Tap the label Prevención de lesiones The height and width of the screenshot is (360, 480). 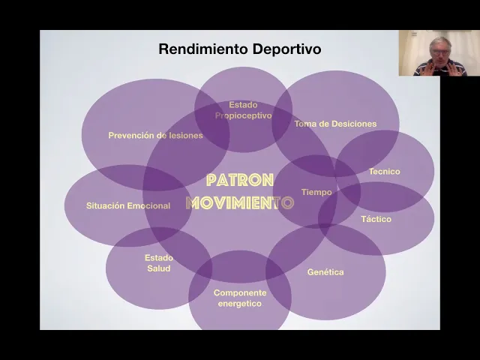[x=155, y=136]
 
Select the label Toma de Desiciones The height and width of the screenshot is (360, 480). [x=335, y=124]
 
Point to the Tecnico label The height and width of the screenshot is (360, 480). [x=384, y=172]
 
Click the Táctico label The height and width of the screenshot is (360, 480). [x=376, y=219]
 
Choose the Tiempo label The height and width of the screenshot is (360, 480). [x=316, y=193]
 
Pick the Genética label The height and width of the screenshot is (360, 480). [x=325, y=272]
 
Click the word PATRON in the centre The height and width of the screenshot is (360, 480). [x=240, y=181]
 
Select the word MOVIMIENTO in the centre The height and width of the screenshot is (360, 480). [x=240, y=202]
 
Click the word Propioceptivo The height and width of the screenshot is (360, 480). [x=243, y=115]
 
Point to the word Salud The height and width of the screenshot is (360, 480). [x=158, y=268]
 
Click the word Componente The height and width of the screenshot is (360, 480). [x=240, y=292]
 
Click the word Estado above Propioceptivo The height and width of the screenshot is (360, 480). [x=243, y=105]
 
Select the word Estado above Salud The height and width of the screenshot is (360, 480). [x=158, y=258]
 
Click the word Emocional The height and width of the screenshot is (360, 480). [x=148, y=205]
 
